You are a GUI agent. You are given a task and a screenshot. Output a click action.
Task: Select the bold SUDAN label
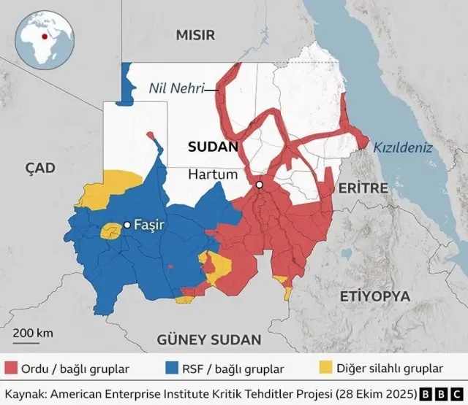tap(213, 147)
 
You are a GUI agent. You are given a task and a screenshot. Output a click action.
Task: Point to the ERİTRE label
tap(362, 188)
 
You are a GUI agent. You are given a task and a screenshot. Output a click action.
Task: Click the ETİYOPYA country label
tap(375, 296)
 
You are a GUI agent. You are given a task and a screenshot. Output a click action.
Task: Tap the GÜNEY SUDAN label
tap(209, 339)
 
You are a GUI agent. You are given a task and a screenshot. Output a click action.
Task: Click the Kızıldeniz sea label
tap(403, 147)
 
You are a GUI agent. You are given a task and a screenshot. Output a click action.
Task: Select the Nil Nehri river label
tap(177, 89)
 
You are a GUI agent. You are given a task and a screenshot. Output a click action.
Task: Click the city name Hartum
tap(213, 175)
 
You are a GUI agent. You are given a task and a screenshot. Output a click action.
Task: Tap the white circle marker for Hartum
tap(259, 185)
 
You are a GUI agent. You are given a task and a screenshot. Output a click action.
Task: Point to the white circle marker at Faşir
tap(127, 225)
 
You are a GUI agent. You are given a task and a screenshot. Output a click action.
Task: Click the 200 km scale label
tap(33, 333)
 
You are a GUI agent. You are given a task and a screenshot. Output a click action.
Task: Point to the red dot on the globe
tap(45, 36)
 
